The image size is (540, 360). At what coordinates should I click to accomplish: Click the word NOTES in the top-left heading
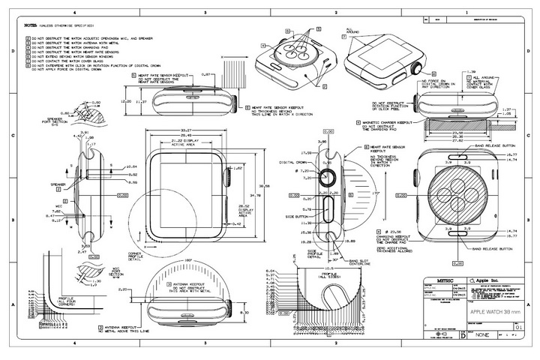pyautogui.click(x=31, y=25)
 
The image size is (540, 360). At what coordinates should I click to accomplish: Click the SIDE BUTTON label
pyautogui.click(x=295, y=214)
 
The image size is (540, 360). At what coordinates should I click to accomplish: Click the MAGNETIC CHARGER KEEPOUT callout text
pyautogui.click(x=389, y=121)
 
